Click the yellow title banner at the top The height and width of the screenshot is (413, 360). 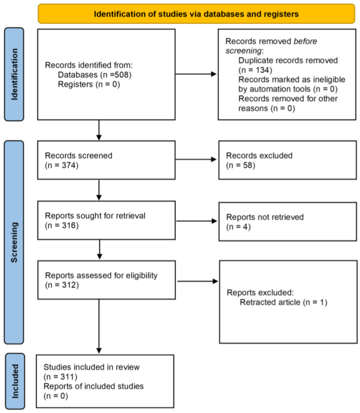click(196, 14)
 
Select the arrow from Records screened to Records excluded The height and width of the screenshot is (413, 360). click(196, 159)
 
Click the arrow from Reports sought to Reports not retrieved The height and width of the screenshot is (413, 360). click(196, 220)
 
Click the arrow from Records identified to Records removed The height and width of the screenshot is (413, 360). click(196, 74)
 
